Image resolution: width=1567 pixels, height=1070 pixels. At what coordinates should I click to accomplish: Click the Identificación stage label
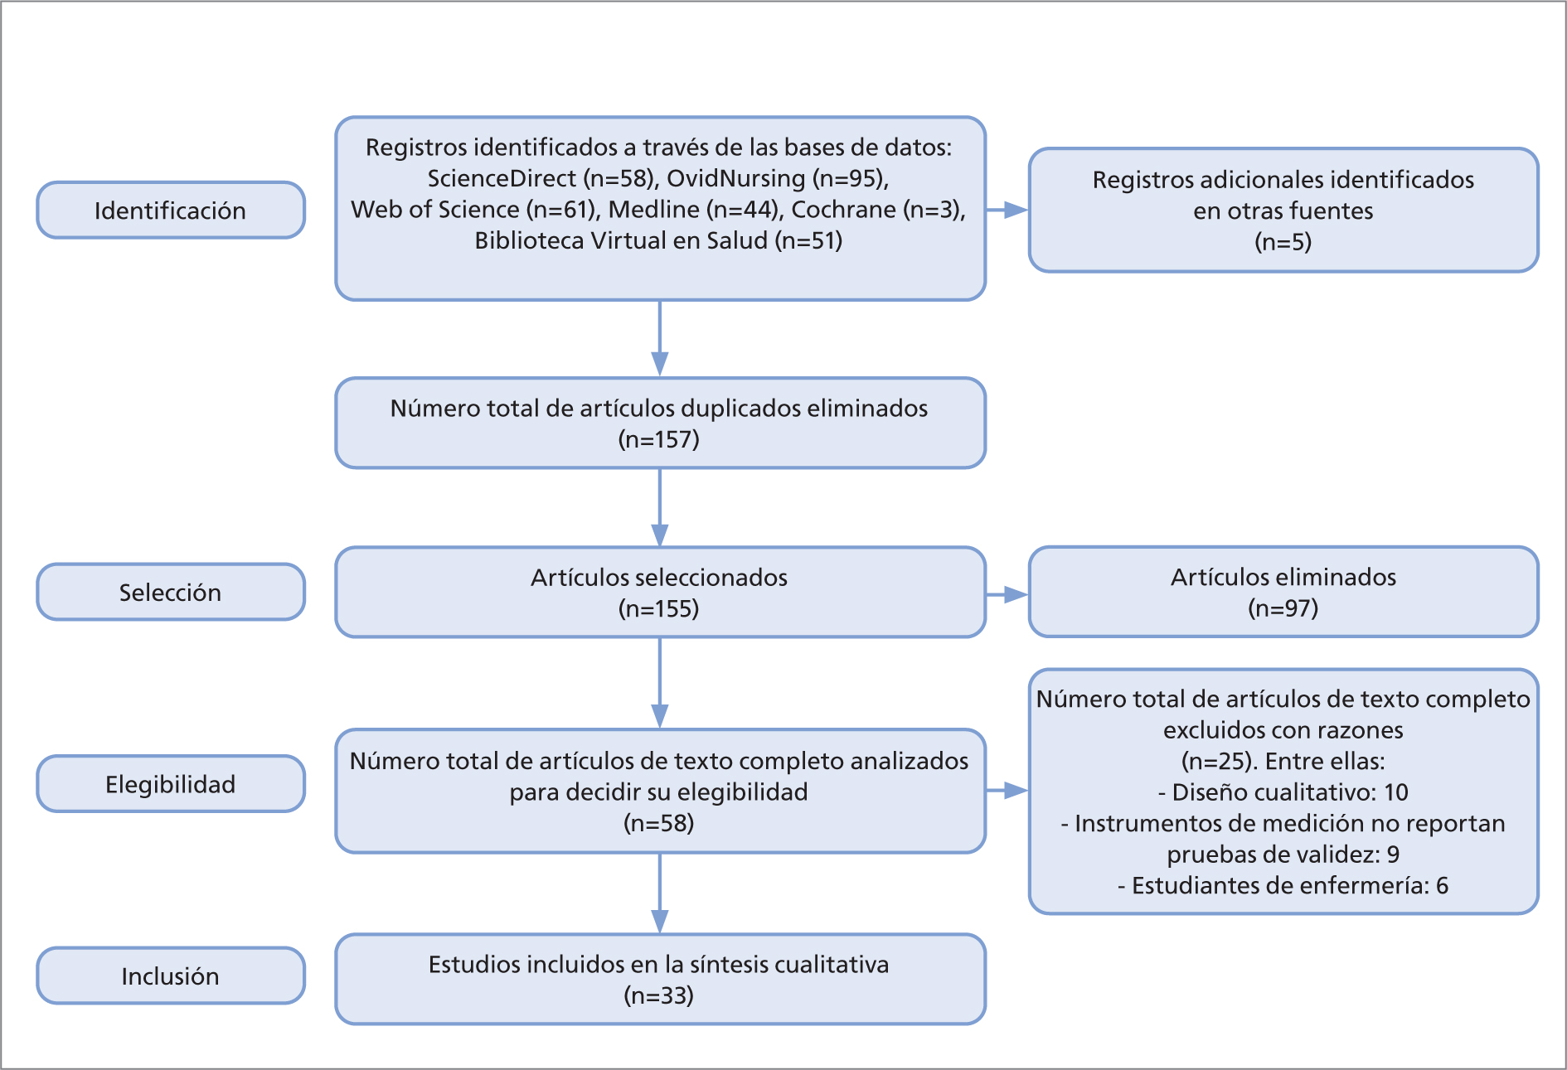click(170, 211)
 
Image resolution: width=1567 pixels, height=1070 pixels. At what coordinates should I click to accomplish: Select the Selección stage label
click(170, 593)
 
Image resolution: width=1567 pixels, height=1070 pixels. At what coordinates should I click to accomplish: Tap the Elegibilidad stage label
click(170, 784)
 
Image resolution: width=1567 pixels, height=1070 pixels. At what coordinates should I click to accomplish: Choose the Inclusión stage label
click(170, 976)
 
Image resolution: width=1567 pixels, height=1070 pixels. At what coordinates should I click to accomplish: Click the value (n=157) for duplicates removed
click(659, 439)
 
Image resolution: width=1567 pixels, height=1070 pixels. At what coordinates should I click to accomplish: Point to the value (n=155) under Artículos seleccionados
click(659, 609)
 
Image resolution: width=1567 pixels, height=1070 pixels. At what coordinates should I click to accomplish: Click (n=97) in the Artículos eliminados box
click(1283, 608)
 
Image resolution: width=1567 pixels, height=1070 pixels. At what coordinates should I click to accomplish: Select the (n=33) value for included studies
click(659, 995)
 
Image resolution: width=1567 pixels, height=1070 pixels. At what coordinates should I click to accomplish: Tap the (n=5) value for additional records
click(1283, 242)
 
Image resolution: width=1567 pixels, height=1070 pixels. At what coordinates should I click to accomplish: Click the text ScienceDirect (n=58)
click(542, 178)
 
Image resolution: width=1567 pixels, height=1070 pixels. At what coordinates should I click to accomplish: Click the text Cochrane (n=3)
click(876, 210)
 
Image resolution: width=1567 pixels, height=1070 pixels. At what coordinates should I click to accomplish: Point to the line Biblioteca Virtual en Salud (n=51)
click(659, 240)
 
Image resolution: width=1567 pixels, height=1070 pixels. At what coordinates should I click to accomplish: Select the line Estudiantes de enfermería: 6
click(1283, 886)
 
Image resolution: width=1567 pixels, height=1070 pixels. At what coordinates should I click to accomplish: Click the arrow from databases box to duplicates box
click(660, 338)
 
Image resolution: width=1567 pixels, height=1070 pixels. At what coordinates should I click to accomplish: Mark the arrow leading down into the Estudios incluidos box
click(660, 893)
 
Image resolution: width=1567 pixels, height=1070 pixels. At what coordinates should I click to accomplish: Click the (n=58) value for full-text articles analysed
click(659, 823)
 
